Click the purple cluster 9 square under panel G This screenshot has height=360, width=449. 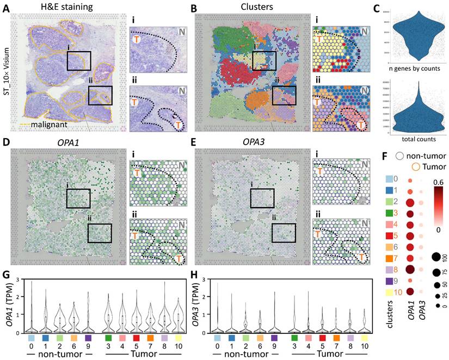pos(88,338)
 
